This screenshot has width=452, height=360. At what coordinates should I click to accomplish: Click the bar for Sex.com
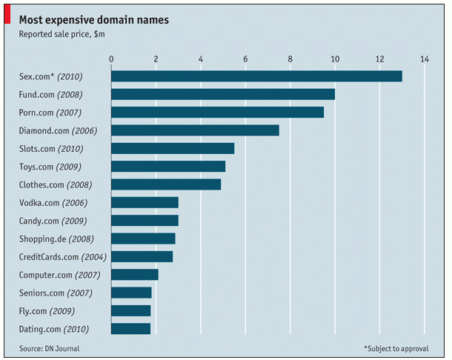(x=256, y=76)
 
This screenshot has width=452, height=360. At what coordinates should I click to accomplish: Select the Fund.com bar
(x=223, y=94)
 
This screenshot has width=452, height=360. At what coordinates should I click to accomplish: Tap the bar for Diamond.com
(x=195, y=130)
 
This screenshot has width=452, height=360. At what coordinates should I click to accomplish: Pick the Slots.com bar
(x=173, y=148)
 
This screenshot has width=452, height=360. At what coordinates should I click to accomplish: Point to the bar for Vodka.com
(x=144, y=202)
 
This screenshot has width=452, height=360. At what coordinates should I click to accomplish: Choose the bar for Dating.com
(x=130, y=329)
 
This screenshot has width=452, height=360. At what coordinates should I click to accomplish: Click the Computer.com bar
(x=135, y=275)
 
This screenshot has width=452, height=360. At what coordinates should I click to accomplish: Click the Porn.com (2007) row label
(x=50, y=113)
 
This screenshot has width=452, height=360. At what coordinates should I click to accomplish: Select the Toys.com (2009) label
(x=50, y=167)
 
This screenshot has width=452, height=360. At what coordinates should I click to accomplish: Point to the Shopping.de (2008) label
(x=56, y=239)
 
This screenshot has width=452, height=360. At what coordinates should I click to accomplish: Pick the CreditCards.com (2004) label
(x=63, y=257)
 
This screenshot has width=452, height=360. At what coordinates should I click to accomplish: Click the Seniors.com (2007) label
(x=55, y=293)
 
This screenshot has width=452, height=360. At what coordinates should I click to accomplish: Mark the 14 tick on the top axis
(x=425, y=59)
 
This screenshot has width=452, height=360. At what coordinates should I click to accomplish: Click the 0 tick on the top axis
(x=111, y=59)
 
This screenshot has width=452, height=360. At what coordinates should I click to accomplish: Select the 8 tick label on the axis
(x=290, y=59)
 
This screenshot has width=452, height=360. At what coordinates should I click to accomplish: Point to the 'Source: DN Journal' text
(x=50, y=347)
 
